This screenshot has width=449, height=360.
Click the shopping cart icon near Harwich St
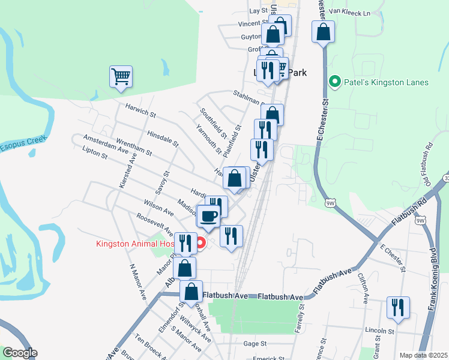click(121, 77)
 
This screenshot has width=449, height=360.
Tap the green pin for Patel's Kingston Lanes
click(335, 82)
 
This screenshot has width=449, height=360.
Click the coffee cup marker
click(208, 216)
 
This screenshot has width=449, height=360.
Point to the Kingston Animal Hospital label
click(135, 244)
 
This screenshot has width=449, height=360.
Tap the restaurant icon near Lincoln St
click(398, 308)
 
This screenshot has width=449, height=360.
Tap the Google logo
click(20, 353)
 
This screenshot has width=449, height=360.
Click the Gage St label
click(255, 344)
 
